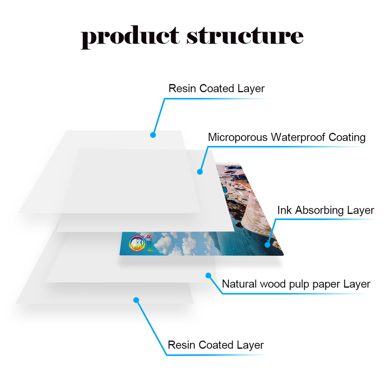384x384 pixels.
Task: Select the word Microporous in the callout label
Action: [x=238, y=138]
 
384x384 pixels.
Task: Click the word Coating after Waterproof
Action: [x=347, y=138]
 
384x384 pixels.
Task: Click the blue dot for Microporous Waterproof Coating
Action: [x=200, y=172]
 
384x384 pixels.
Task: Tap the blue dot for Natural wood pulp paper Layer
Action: [x=208, y=275]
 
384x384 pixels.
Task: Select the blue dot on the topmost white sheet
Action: [x=153, y=135]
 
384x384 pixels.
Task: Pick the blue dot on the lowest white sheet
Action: [x=136, y=300]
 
